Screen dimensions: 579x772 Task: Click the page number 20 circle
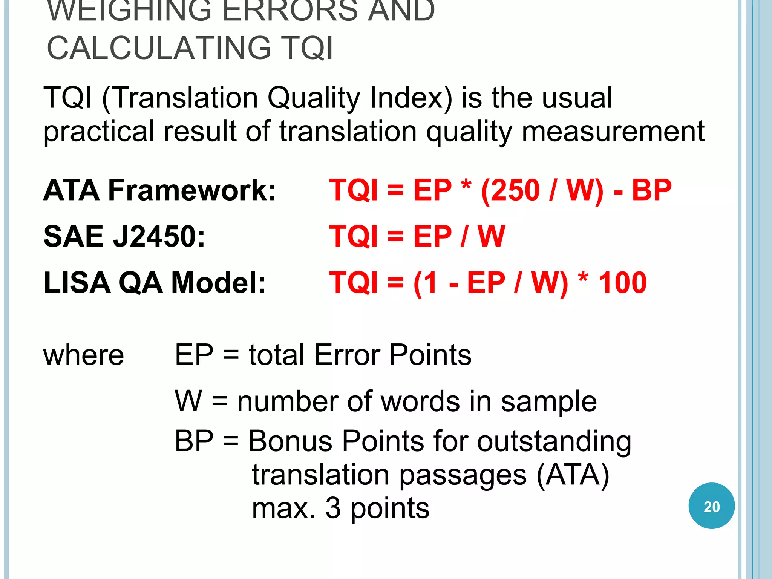point(711,506)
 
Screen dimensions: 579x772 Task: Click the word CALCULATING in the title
point(158,48)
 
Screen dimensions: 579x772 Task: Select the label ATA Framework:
point(160,190)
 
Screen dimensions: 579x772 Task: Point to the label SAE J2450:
point(124,236)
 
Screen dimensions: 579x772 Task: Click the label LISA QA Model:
point(155,282)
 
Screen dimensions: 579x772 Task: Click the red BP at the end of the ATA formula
point(652,190)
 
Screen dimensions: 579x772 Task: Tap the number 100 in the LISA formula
point(622,282)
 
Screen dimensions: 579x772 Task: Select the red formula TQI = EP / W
point(417,236)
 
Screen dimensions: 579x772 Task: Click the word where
point(84,355)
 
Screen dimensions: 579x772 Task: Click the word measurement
point(613,132)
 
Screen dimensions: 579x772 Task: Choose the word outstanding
point(554,442)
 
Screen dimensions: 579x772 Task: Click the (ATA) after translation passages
point(573,475)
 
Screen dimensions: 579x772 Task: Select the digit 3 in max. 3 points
point(333,508)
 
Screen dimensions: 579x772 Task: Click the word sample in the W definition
point(549,402)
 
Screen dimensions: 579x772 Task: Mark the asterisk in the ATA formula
point(466,185)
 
